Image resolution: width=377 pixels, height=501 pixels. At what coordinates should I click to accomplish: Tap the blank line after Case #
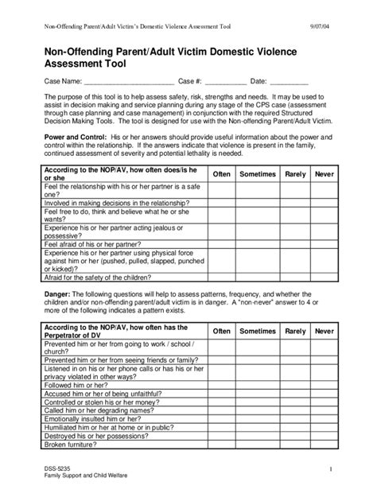[x=220, y=81]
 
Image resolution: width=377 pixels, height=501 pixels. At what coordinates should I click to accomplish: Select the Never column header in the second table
[x=324, y=330]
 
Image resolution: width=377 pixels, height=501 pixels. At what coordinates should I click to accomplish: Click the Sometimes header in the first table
[x=258, y=174]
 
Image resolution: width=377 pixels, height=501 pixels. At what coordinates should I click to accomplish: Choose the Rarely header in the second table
[x=295, y=330]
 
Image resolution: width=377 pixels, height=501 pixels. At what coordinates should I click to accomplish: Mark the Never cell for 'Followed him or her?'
[x=324, y=383]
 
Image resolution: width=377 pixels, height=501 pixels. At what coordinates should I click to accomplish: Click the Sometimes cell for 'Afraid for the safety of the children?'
[x=258, y=278]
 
